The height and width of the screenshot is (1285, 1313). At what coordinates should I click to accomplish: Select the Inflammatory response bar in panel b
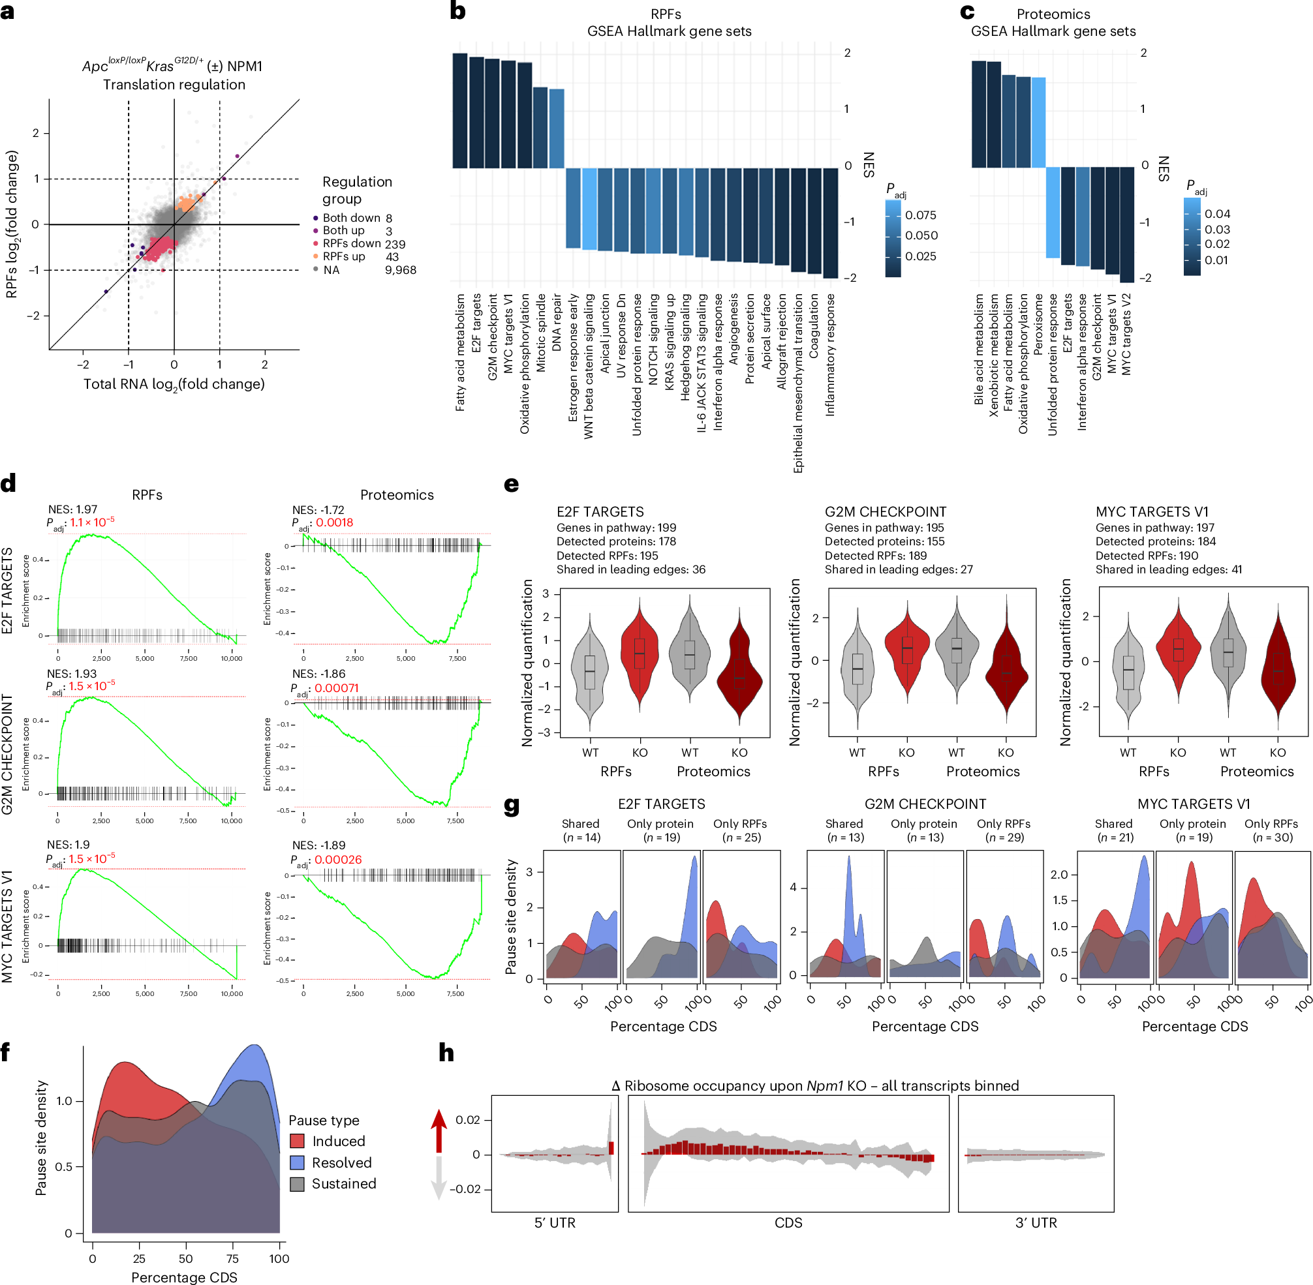[830, 222]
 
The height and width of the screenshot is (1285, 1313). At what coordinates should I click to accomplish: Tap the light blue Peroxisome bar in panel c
[1038, 122]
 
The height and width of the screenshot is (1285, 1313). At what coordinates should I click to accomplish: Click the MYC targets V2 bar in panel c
[1126, 224]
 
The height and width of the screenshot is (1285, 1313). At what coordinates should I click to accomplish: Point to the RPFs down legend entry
[352, 244]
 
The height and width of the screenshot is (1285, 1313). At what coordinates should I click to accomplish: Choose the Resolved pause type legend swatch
[297, 1162]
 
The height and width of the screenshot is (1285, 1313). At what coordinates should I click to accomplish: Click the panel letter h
[446, 1052]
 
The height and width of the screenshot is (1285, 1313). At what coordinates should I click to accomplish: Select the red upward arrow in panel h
[439, 1130]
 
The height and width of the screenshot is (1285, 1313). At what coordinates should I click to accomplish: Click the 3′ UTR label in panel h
[1036, 1222]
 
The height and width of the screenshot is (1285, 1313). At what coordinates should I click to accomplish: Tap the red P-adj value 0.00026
[338, 860]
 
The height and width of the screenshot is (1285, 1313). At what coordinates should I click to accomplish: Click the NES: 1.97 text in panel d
[73, 509]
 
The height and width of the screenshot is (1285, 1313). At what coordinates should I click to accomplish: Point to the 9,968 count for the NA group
[400, 270]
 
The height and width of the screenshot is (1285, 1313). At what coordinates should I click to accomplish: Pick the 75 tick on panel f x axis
[232, 1258]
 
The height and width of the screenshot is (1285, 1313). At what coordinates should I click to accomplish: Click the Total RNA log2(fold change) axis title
[174, 384]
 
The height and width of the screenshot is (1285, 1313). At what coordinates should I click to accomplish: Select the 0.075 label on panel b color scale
[920, 215]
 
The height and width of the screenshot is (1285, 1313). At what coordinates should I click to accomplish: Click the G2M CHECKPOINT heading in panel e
[885, 511]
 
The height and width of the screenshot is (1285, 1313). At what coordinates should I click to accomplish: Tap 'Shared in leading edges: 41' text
[1168, 569]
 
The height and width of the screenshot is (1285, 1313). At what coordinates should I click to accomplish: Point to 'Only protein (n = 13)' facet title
[923, 830]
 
